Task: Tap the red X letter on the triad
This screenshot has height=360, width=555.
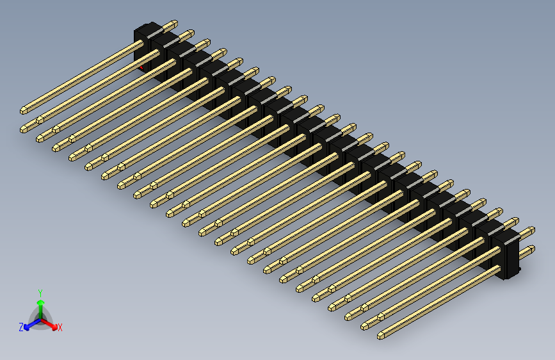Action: [x=60, y=328]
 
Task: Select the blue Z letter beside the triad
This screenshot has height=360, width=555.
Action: [x=21, y=327]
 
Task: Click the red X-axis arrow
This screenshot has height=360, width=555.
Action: [x=51, y=323]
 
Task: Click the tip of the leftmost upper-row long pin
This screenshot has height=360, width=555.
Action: [x=24, y=110]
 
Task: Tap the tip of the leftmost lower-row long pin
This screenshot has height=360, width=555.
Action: [x=24, y=129]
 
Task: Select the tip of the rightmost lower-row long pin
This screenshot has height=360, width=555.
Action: [x=382, y=334]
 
